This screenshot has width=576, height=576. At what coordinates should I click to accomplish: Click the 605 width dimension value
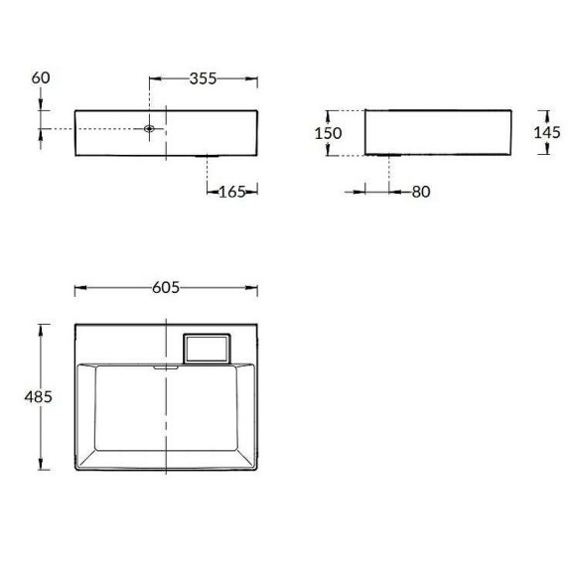click(x=166, y=288)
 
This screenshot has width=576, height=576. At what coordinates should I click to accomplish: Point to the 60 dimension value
click(x=40, y=78)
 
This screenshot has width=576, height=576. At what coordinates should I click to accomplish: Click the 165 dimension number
click(x=231, y=191)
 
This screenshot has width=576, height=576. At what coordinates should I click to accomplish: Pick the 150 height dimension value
click(x=330, y=133)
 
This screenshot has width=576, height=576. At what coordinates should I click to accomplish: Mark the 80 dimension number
click(x=419, y=191)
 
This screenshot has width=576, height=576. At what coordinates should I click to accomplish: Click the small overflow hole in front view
click(x=149, y=129)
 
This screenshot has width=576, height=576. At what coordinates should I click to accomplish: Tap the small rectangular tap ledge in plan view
click(x=208, y=348)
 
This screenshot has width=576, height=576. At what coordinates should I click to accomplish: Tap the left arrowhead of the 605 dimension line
click(x=78, y=288)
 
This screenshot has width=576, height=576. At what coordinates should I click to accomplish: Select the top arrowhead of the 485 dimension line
click(x=41, y=326)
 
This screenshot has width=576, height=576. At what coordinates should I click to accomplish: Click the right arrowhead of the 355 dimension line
click(x=254, y=78)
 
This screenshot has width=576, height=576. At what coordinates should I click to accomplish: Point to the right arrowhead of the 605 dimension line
click(x=254, y=288)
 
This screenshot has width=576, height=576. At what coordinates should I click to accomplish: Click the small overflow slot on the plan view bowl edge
click(x=164, y=365)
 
